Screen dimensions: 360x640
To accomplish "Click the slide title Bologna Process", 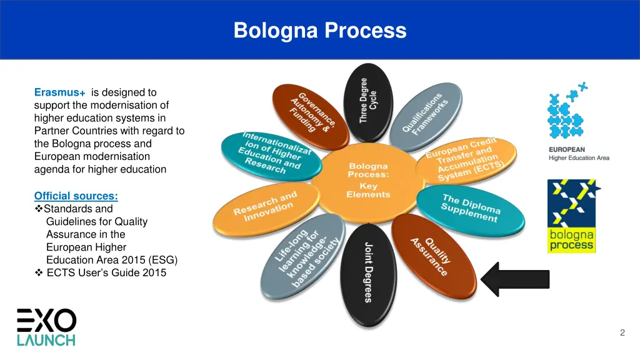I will tap(320, 30).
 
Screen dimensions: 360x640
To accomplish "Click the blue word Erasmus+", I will tap(60, 92).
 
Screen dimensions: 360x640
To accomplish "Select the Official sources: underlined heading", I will tap(76, 196).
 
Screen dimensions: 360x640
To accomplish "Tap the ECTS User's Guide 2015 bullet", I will tap(106, 272).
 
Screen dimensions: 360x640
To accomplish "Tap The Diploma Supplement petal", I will tap(471, 208).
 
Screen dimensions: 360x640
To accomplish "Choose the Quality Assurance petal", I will tap(431, 255).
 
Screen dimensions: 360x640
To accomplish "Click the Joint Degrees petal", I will tap(367, 272).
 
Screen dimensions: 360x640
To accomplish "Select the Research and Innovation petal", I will tap(265, 207).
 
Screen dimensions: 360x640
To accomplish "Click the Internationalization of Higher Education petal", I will tap(271, 154).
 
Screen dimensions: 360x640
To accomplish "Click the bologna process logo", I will tap(571, 216).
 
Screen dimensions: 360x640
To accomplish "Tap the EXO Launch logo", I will tap(46, 327).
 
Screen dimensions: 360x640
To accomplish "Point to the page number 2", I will tap(622, 332).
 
